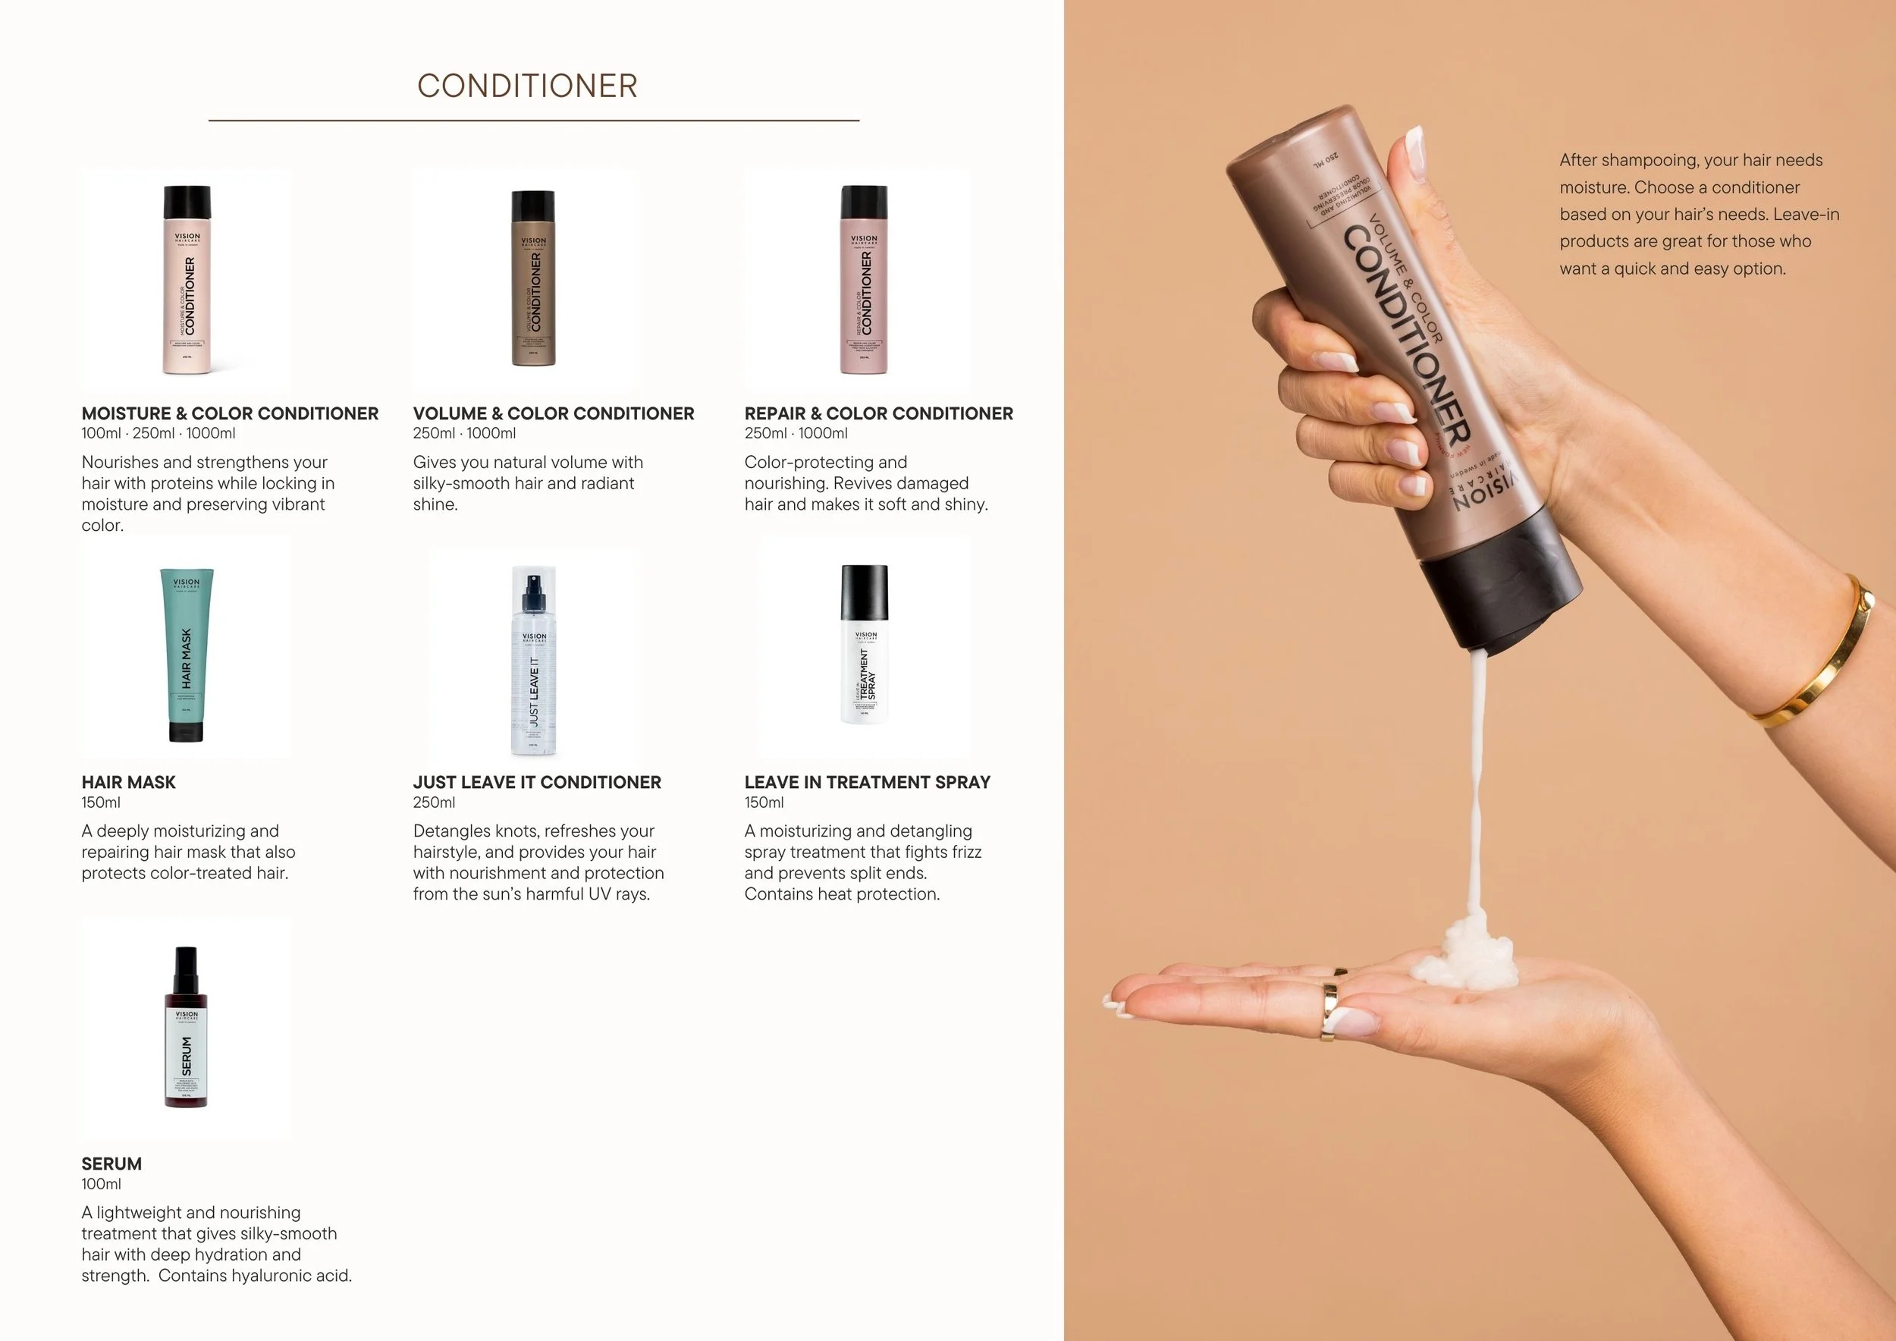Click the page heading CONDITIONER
pos(527,86)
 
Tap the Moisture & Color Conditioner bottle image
pos(187,280)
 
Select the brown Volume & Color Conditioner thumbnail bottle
pos(533,278)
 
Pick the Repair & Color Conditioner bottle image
pos(864,280)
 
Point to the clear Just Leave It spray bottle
pos(533,661)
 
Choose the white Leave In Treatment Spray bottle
pos(865,644)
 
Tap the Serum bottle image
pos(187,1028)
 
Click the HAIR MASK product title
pos(128,782)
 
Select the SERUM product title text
pos(111,1164)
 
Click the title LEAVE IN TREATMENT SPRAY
pos(867,782)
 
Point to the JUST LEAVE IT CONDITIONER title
pos(537,782)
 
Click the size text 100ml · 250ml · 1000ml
pos(158,432)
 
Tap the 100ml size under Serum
pos(101,1183)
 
